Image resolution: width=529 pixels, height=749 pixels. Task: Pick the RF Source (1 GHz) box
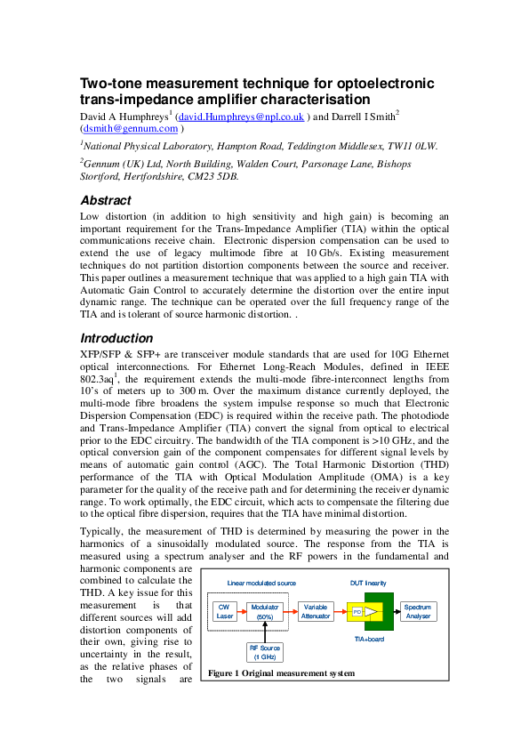265,651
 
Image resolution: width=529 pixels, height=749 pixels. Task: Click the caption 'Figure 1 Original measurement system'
281,673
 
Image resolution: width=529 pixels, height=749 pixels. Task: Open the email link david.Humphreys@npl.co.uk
241,117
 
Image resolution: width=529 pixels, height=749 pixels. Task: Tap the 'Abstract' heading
106,200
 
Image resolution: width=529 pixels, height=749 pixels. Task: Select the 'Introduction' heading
116,338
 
